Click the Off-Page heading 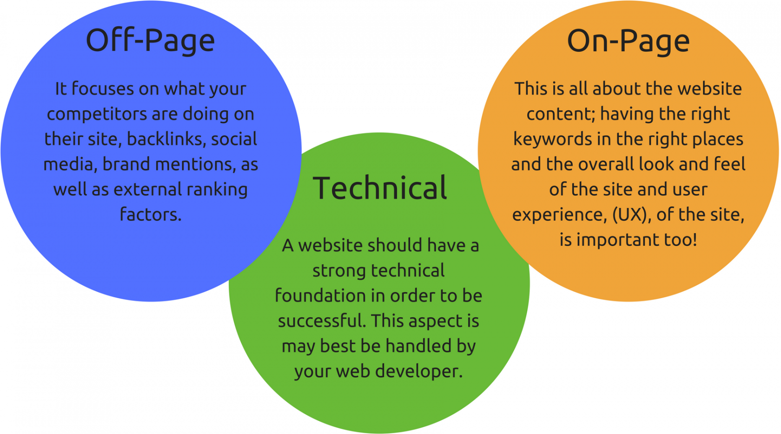pyautogui.click(x=150, y=41)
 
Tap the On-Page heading pyautogui.click(x=629, y=41)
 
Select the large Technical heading pyautogui.click(x=380, y=188)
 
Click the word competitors pyautogui.click(x=96, y=114)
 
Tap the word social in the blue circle pyautogui.click(x=234, y=139)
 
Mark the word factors pyautogui.click(x=151, y=214)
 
